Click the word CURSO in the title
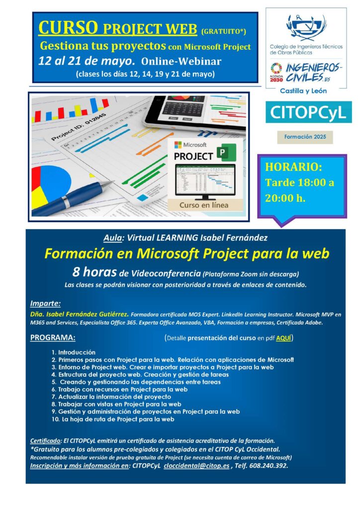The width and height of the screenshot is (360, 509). (x=68, y=27)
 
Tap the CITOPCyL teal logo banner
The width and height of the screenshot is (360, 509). (x=308, y=112)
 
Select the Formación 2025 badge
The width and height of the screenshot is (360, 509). (x=305, y=137)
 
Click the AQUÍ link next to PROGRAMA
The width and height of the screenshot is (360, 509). (x=283, y=338)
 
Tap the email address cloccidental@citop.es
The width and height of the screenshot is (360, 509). (x=196, y=465)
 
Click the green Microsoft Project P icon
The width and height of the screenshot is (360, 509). (x=226, y=152)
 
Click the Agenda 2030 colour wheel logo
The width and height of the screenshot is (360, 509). (x=276, y=68)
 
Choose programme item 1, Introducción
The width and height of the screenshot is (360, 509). (x=74, y=352)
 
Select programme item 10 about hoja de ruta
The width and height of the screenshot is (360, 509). (x=113, y=419)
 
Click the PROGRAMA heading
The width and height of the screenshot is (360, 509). (x=53, y=338)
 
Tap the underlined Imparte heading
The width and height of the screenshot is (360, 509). (x=45, y=304)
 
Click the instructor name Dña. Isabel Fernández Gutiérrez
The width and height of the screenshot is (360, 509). (x=79, y=314)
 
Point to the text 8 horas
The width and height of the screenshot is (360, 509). (x=94, y=272)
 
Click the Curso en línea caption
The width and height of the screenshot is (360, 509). (x=204, y=205)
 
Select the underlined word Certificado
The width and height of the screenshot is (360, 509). (x=45, y=441)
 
